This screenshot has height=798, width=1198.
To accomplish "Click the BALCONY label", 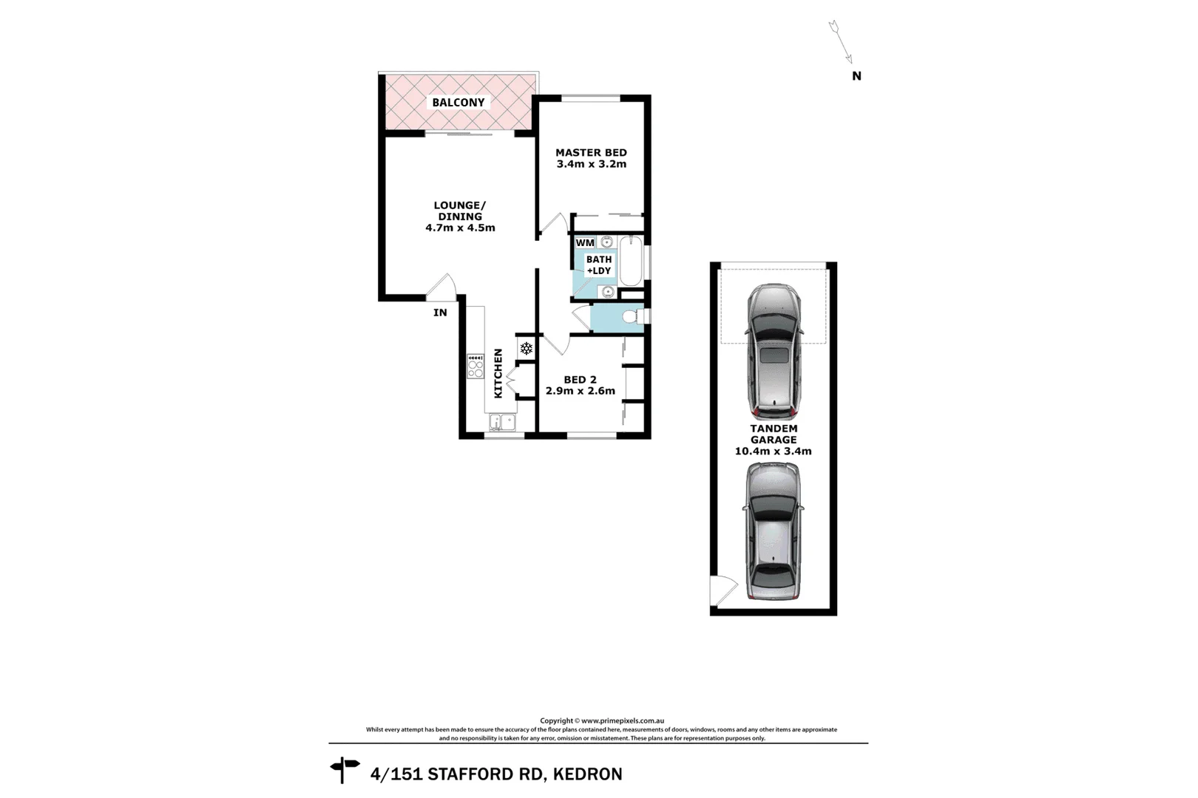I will point(458,103).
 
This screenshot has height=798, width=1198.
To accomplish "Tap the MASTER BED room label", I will point(591,153).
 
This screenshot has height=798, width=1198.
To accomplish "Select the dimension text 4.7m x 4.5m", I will point(460,228).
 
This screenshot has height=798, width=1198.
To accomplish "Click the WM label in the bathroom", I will point(585,242).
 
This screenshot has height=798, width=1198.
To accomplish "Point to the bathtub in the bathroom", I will point(631,262).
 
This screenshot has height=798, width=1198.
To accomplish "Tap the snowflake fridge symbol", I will point(527,348).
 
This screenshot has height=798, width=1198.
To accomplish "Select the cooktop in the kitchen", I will point(475,366).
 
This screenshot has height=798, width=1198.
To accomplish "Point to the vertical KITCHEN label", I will point(498,373).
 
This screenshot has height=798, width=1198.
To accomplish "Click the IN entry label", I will point(440,313).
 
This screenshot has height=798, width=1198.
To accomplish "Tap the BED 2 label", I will point(580,380).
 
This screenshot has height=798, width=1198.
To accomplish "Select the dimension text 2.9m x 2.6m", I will point(581,391).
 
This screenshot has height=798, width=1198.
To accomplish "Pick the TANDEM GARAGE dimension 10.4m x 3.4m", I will point(774,451).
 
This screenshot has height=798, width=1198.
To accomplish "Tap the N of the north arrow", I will point(856,75).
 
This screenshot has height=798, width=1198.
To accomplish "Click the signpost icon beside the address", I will point(344,769).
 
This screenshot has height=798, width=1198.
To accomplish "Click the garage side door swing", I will point(722,590).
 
